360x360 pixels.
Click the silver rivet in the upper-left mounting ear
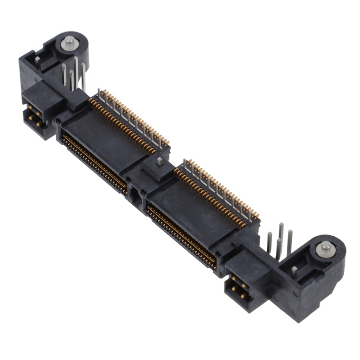click(69, 41)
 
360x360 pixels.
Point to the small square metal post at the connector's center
click(159, 162)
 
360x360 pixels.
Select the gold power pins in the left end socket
click(34, 115)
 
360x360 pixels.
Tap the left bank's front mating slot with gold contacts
click(93, 160)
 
